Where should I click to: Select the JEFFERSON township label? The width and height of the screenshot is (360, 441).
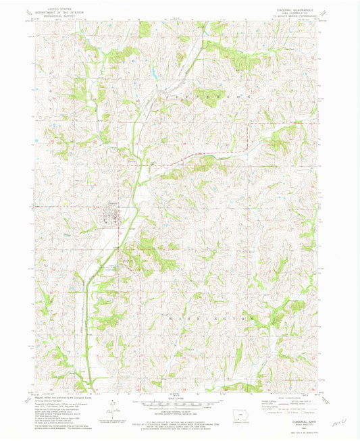coord(203,99)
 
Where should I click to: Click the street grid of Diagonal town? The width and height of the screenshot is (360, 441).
coord(111,218)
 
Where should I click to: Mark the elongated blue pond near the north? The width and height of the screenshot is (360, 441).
coord(154,68)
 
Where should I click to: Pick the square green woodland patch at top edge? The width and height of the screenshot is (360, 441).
coord(145,28)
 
